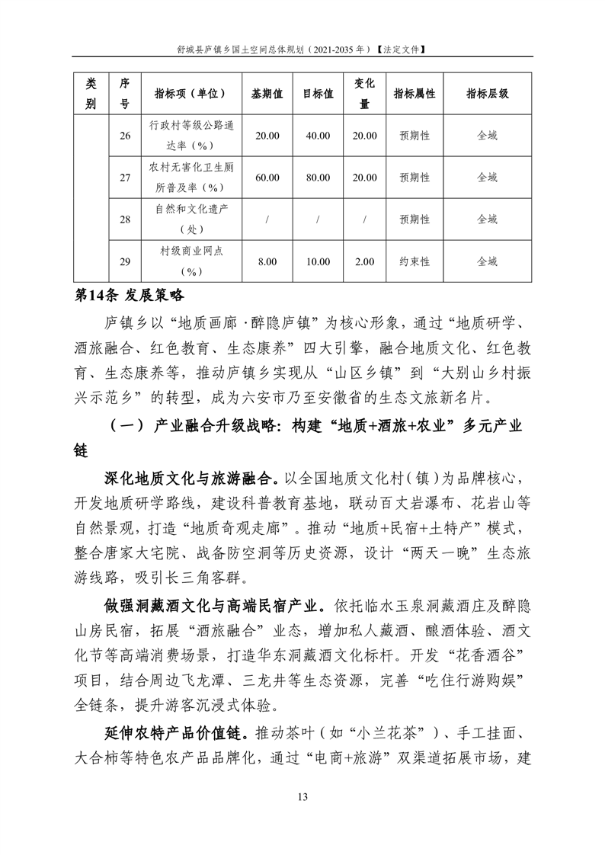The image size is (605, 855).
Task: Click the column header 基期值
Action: [x=267, y=94]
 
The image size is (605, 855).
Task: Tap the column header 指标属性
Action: [x=414, y=94]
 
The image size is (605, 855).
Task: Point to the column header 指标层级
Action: [x=487, y=94]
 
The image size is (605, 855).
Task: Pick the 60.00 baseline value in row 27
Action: [x=267, y=178]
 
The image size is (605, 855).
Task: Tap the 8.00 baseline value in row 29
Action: [x=267, y=261]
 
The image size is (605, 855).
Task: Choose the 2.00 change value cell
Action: [x=365, y=261]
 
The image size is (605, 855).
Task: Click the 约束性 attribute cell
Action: [x=414, y=261]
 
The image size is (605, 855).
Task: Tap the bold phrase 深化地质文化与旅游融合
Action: [x=190, y=479]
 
